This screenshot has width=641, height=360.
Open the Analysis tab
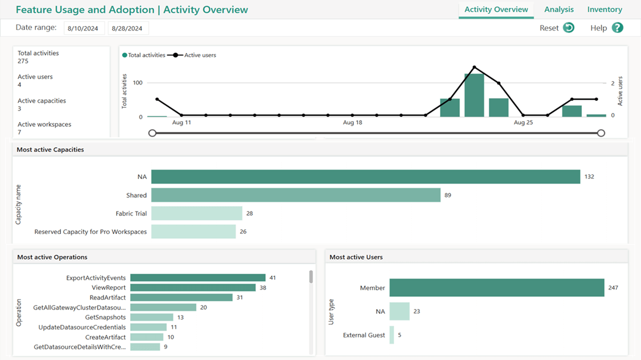click(559, 10)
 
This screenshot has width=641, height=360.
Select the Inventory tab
click(604, 10)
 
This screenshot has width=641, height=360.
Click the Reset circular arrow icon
click(568, 28)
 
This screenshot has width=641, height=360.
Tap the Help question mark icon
click(618, 28)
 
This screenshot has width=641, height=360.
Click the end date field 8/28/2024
click(128, 28)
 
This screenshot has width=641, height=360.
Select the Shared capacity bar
click(295, 195)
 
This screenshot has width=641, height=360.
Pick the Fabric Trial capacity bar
click(196, 213)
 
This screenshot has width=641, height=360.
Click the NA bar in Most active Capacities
click(365, 177)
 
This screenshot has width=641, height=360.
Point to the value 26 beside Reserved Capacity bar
click(243, 232)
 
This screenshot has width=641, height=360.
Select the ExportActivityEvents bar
click(197, 278)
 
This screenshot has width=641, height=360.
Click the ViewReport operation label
click(108, 287)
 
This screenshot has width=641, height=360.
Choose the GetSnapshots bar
click(151, 317)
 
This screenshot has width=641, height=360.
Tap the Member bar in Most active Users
click(496, 287)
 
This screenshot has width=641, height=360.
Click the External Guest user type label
click(363, 335)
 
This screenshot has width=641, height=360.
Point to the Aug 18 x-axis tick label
click(352, 123)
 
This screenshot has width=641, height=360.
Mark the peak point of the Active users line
click(474, 67)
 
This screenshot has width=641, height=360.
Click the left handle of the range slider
click(153, 133)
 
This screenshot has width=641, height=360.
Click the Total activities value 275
click(23, 61)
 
